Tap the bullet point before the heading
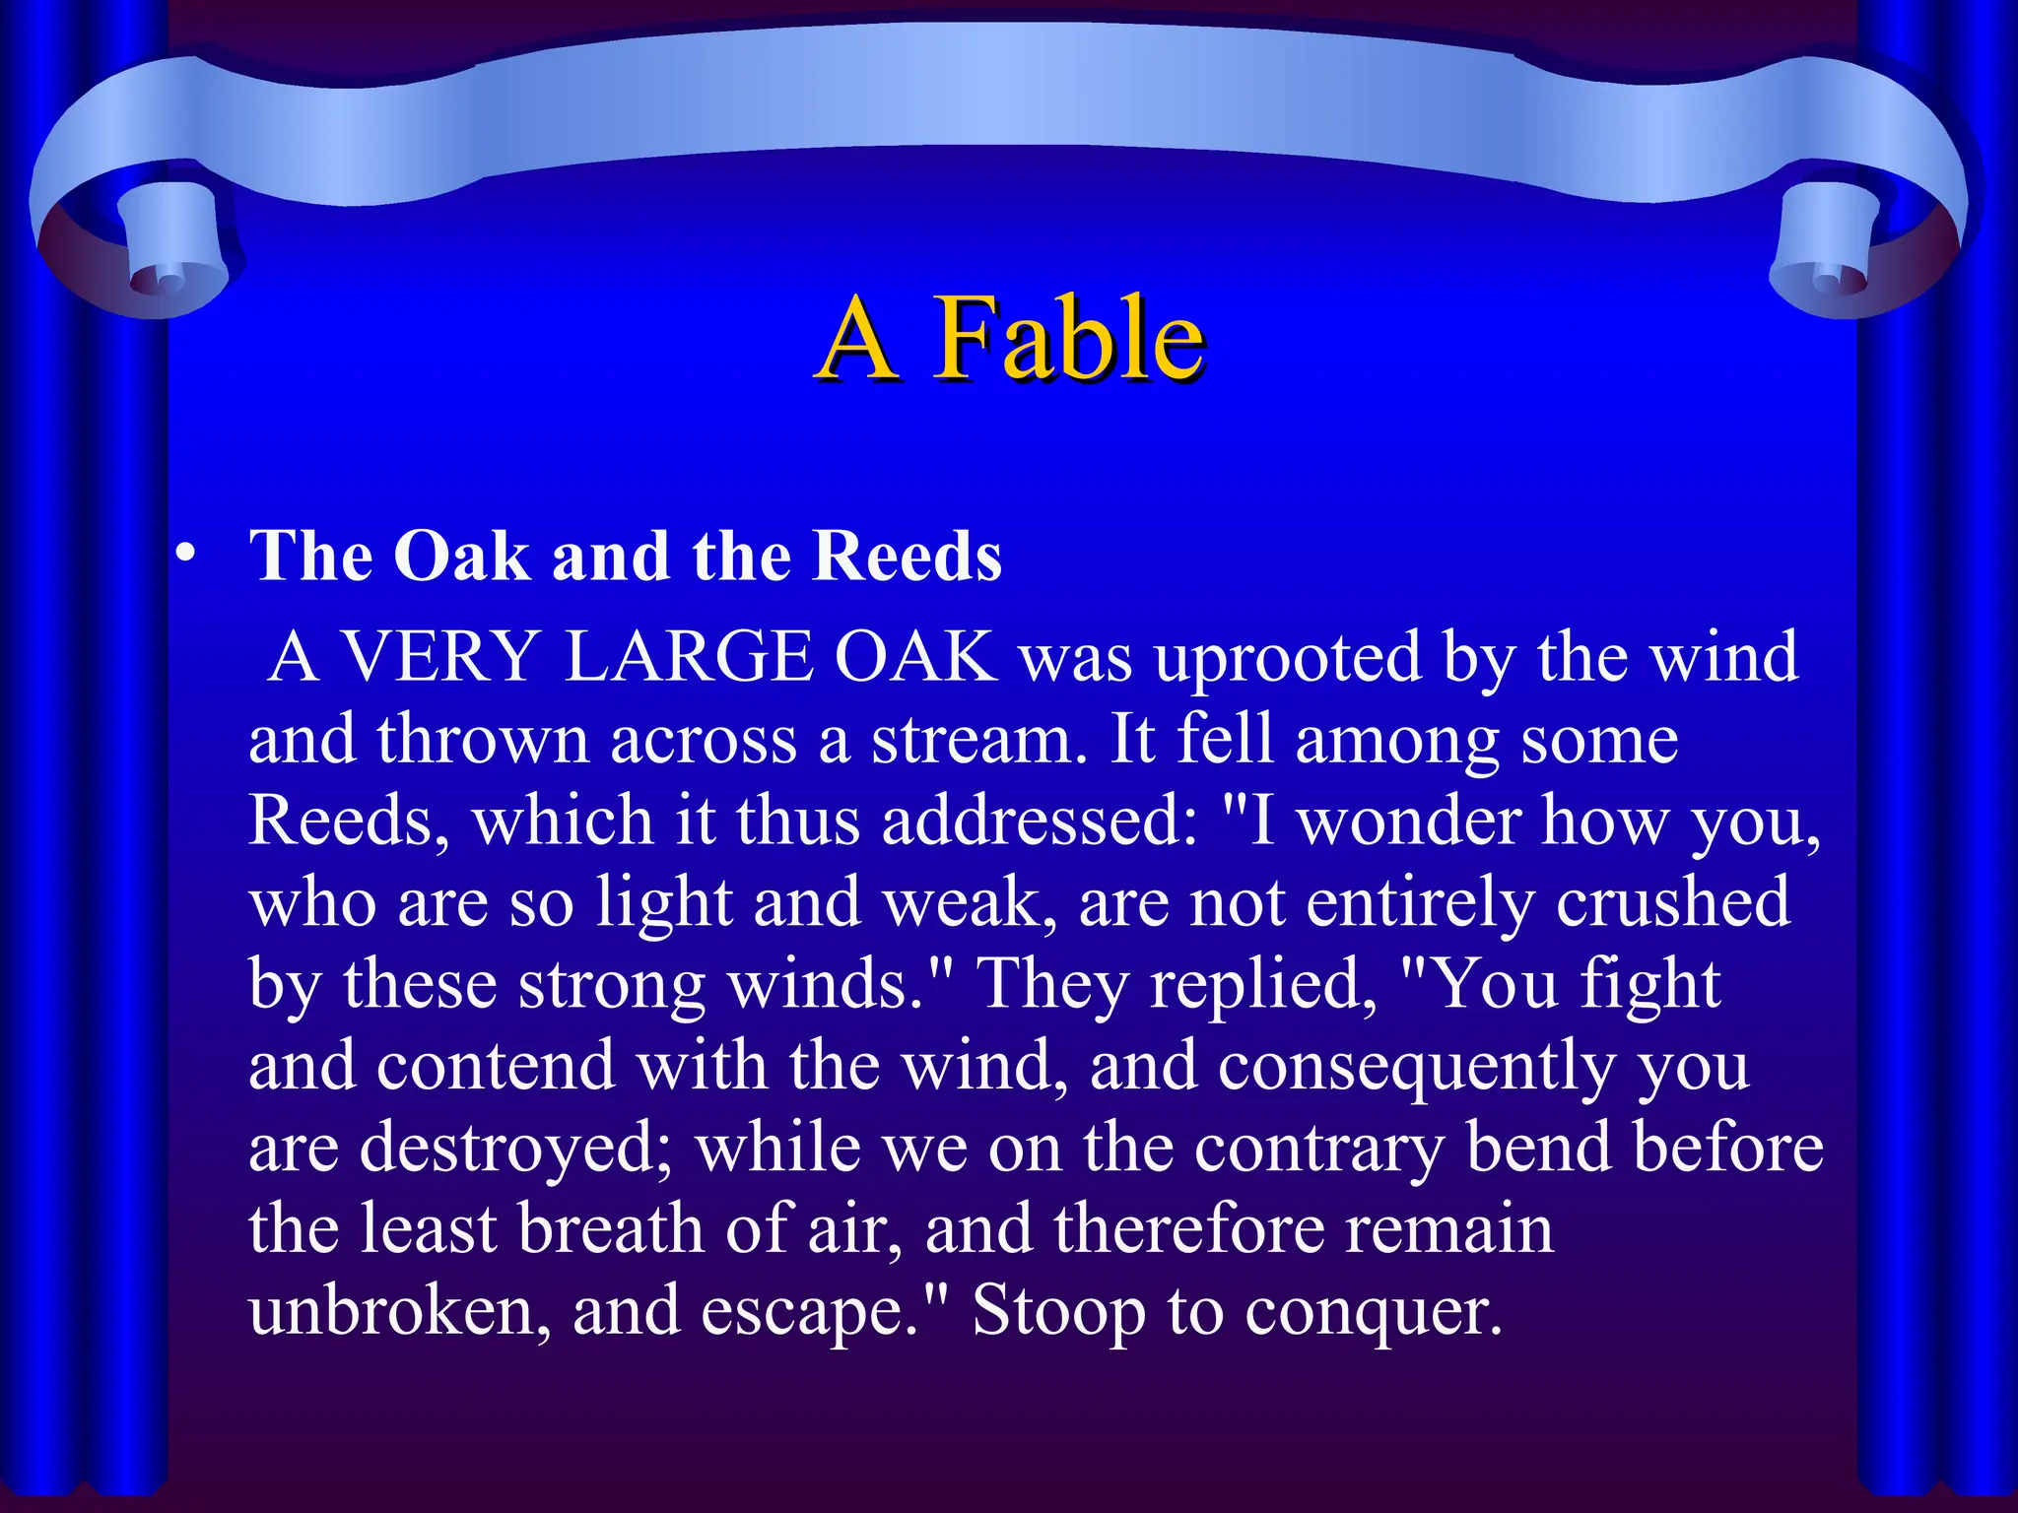click(184, 557)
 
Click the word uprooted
click(1288, 657)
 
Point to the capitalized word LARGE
click(689, 657)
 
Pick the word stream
click(979, 740)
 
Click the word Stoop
click(1058, 1312)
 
